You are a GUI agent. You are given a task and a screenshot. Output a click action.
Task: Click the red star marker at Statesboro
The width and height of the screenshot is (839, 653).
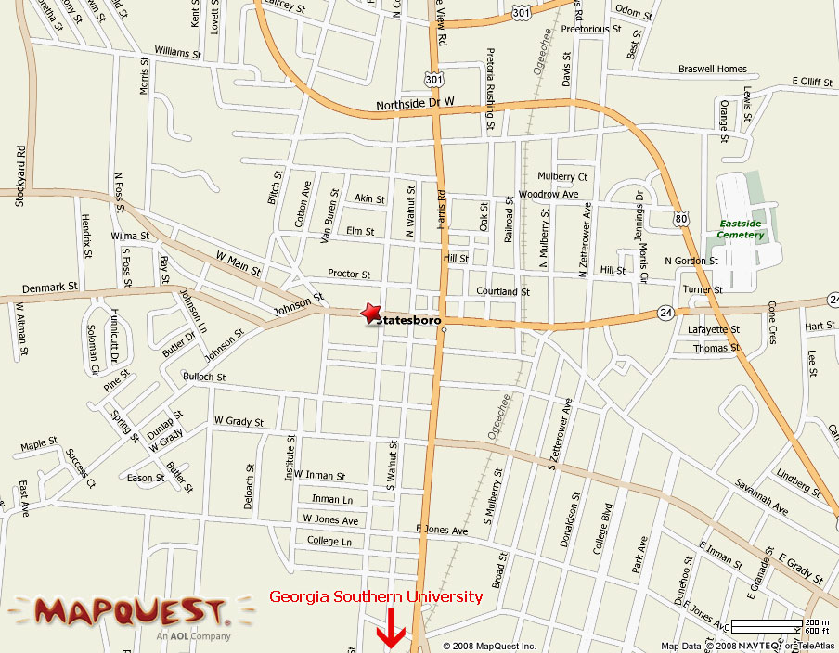[370, 314]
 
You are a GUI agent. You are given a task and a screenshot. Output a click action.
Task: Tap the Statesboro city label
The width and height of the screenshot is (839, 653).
[409, 321]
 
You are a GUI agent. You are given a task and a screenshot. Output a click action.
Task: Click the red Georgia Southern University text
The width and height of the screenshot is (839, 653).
[376, 596]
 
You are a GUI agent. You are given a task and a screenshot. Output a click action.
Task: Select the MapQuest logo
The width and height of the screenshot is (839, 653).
[129, 612]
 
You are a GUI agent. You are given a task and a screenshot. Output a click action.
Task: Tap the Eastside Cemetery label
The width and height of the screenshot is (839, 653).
[741, 229]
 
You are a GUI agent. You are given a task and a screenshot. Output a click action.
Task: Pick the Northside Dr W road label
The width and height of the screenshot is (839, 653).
[416, 105]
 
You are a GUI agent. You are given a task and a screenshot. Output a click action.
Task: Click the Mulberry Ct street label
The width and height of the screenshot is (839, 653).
[562, 176]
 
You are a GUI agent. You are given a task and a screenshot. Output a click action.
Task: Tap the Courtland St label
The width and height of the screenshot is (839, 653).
[503, 291]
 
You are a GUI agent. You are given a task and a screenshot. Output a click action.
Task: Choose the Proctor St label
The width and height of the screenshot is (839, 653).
[349, 274]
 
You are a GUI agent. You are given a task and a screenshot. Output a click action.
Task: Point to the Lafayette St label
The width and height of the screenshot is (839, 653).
[714, 329]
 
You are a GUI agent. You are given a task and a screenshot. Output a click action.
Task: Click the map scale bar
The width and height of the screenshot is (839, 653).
[767, 625]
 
